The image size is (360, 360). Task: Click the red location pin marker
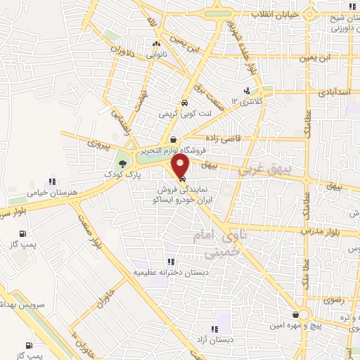tap(181, 167)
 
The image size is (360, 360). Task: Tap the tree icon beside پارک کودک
tap(124, 162)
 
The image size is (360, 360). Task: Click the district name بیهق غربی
tap(264, 169)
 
